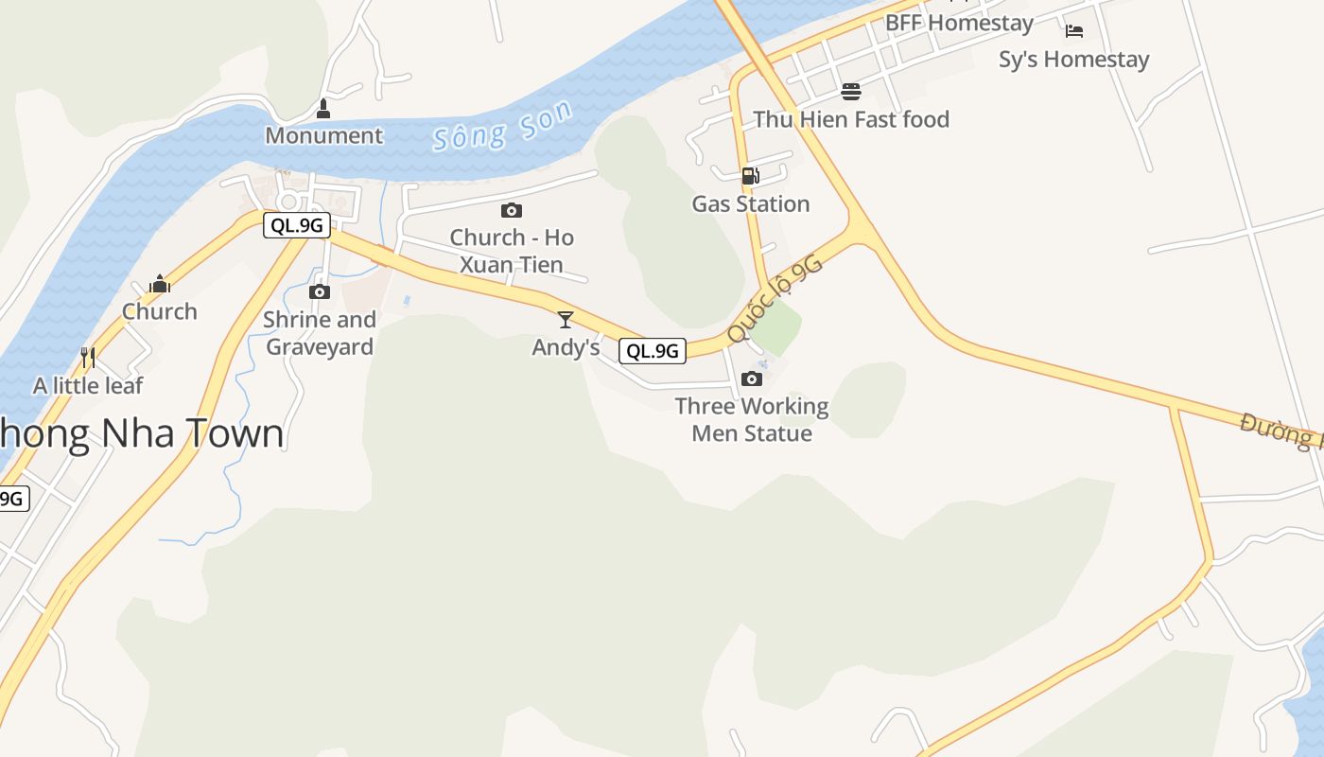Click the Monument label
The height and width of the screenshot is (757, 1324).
tap(323, 135)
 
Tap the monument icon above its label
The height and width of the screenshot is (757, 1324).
tap(323, 110)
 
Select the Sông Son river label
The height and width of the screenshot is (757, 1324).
tap(502, 127)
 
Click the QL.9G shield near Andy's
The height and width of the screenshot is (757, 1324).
tap(653, 351)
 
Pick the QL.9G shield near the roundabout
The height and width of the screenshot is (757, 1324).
tap(296, 225)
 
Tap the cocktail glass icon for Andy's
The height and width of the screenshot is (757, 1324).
tap(566, 320)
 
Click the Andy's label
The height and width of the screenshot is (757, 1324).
tap(566, 347)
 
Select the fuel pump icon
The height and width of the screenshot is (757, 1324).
tap(750, 176)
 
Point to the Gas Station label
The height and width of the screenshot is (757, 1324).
tap(751, 203)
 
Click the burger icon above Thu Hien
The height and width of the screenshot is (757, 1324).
tap(851, 92)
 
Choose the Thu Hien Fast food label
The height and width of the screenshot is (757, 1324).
tap(851, 119)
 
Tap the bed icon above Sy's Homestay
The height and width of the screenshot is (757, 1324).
tap(1074, 31)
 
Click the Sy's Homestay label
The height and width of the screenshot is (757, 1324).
tap(1074, 60)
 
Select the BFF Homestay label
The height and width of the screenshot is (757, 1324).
tap(959, 23)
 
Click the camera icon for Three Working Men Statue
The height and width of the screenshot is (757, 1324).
tap(752, 378)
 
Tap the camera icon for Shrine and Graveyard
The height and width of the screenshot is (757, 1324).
tap(320, 291)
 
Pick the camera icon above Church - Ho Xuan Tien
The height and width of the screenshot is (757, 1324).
tap(512, 210)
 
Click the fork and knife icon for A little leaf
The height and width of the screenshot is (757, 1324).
tap(88, 358)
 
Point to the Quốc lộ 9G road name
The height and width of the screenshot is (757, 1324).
tap(775, 298)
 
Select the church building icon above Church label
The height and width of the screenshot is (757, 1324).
tap(160, 284)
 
